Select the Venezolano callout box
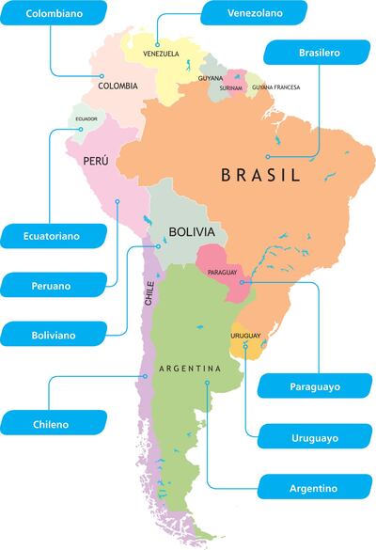coord(254,13)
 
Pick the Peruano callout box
coord(52,285)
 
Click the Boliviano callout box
coord(52,333)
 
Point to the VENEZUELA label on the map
coord(161,54)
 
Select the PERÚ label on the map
coord(95,161)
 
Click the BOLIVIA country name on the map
coord(193,231)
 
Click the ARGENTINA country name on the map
coord(189,369)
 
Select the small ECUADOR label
coord(86,119)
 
